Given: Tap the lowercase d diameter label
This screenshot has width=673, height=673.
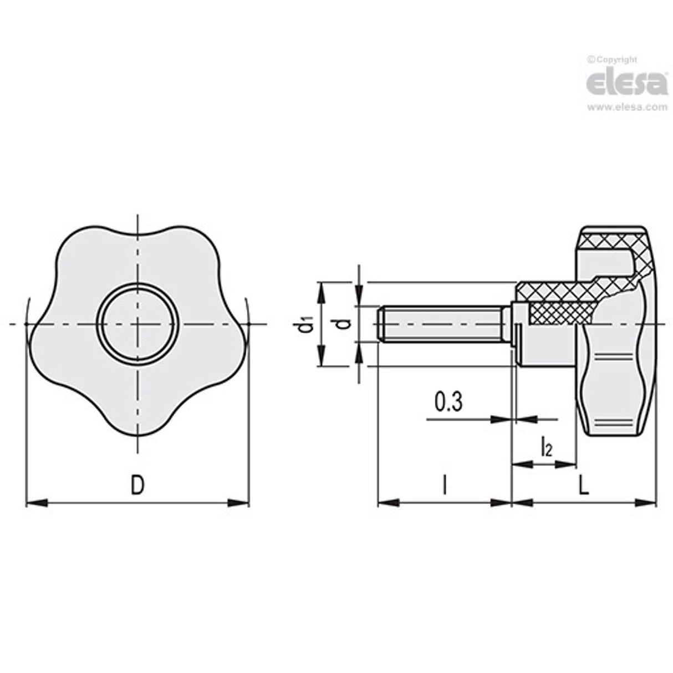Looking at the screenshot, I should [x=344, y=324].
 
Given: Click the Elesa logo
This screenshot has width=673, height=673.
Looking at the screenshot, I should [x=627, y=83].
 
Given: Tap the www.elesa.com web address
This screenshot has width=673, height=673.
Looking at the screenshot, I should [x=627, y=108].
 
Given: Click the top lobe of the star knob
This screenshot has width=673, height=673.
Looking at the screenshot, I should [x=137, y=244].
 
